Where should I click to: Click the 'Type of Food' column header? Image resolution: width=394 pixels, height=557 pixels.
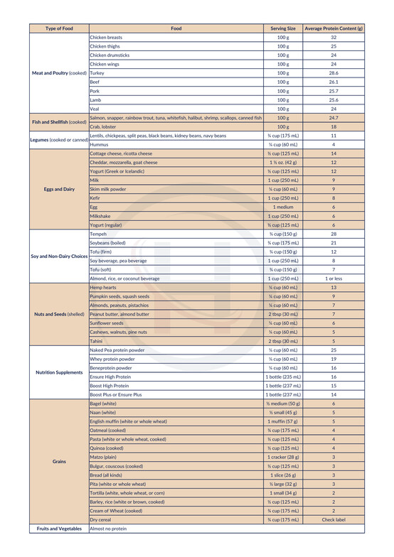pyautogui.click(x=59, y=28)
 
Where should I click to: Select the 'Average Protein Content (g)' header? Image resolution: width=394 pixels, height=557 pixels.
pyautogui.click(x=334, y=28)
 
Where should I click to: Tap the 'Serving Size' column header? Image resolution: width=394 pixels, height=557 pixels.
pyautogui.click(x=283, y=28)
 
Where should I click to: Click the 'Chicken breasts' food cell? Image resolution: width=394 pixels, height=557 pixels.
pyautogui.click(x=106, y=37)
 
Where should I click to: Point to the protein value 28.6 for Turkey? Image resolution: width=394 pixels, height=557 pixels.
pyautogui.click(x=334, y=73)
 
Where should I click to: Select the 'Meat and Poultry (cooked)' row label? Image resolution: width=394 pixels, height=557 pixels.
pyautogui.click(x=59, y=73)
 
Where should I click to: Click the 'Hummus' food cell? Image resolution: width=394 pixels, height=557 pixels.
pyautogui.click(x=100, y=144)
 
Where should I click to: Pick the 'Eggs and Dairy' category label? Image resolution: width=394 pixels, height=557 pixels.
pyautogui.click(x=59, y=189)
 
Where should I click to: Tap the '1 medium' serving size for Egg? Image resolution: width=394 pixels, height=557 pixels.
pyautogui.click(x=283, y=207)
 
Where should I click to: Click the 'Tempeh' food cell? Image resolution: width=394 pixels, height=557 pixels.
pyautogui.click(x=98, y=234)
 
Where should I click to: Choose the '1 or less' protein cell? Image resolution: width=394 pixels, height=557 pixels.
pyautogui.click(x=334, y=278)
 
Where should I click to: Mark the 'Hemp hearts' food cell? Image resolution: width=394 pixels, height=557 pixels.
pyautogui.click(x=104, y=287)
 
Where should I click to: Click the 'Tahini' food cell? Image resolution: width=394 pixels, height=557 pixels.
pyautogui.click(x=97, y=341)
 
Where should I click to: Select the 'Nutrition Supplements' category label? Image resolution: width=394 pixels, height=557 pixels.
pyautogui.click(x=59, y=372)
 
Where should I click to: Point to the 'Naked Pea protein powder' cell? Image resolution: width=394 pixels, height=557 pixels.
pyautogui.click(x=117, y=350)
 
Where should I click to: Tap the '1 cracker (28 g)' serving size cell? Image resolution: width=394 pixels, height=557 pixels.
pyautogui.click(x=283, y=457)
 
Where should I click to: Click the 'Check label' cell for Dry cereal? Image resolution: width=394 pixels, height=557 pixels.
pyautogui.click(x=334, y=519)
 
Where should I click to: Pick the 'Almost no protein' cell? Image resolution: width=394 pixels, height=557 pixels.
pyautogui.click(x=110, y=529)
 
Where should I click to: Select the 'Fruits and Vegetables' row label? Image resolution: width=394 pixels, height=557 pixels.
pyautogui.click(x=59, y=529)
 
